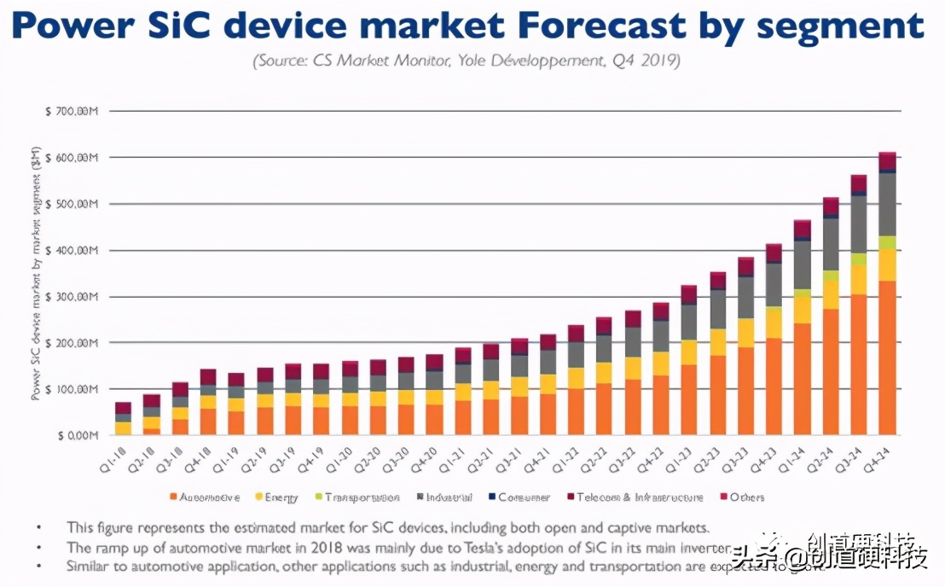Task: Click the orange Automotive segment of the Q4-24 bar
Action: tap(887, 358)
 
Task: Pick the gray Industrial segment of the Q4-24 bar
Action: tap(887, 205)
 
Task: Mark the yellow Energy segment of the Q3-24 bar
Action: tap(859, 280)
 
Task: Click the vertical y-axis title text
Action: tap(37, 273)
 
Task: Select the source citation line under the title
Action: tap(466, 61)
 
